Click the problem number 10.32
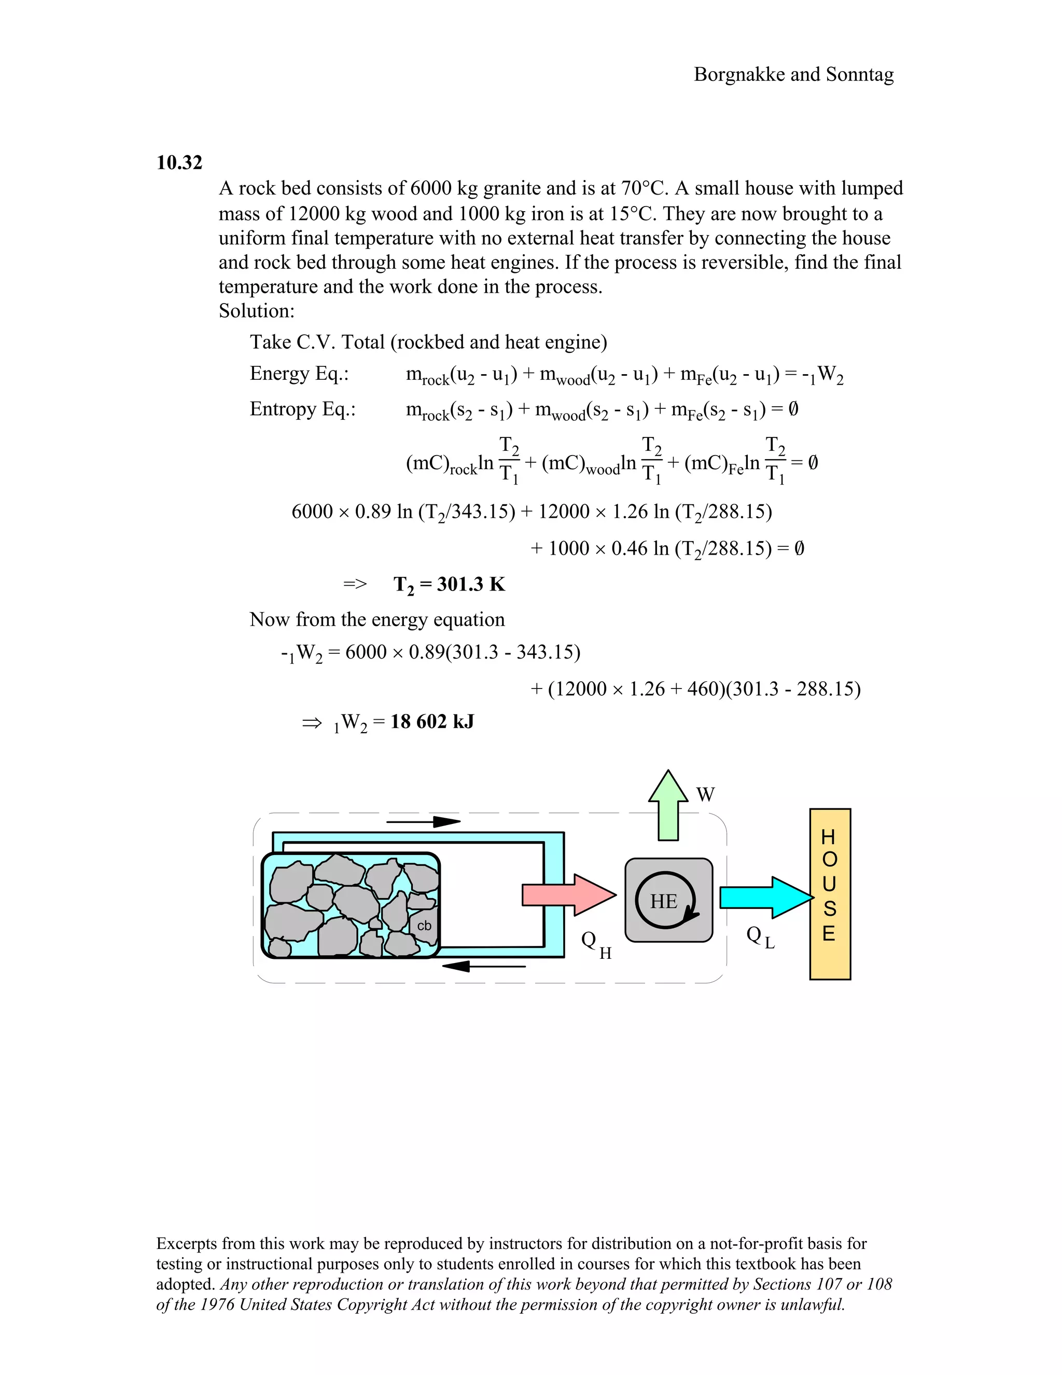point(179,162)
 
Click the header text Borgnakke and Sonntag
point(793,74)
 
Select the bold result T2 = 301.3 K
point(449,584)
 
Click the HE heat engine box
point(668,900)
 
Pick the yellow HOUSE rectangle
point(830,894)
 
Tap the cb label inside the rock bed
point(424,926)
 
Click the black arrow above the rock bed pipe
point(424,821)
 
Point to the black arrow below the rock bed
point(483,966)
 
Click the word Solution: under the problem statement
point(257,311)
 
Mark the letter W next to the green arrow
point(705,794)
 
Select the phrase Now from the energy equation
point(377,620)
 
